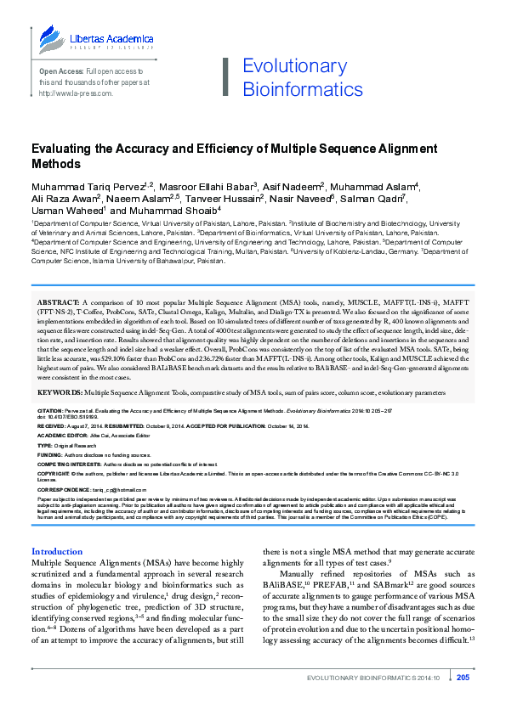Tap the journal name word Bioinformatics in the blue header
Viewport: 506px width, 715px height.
pyautogui.click(x=291, y=89)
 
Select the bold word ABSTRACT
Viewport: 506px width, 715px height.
pyautogui.click(x=57, y=302)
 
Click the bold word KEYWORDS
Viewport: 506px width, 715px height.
pyautogui.click(x=58, y=393)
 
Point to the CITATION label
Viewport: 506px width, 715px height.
pyautogui.click(x=49, y=409)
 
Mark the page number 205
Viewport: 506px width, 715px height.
pyautogui.click(x=463, y=701)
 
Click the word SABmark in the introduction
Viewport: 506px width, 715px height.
pyautogui.click(x=400, y=585)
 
